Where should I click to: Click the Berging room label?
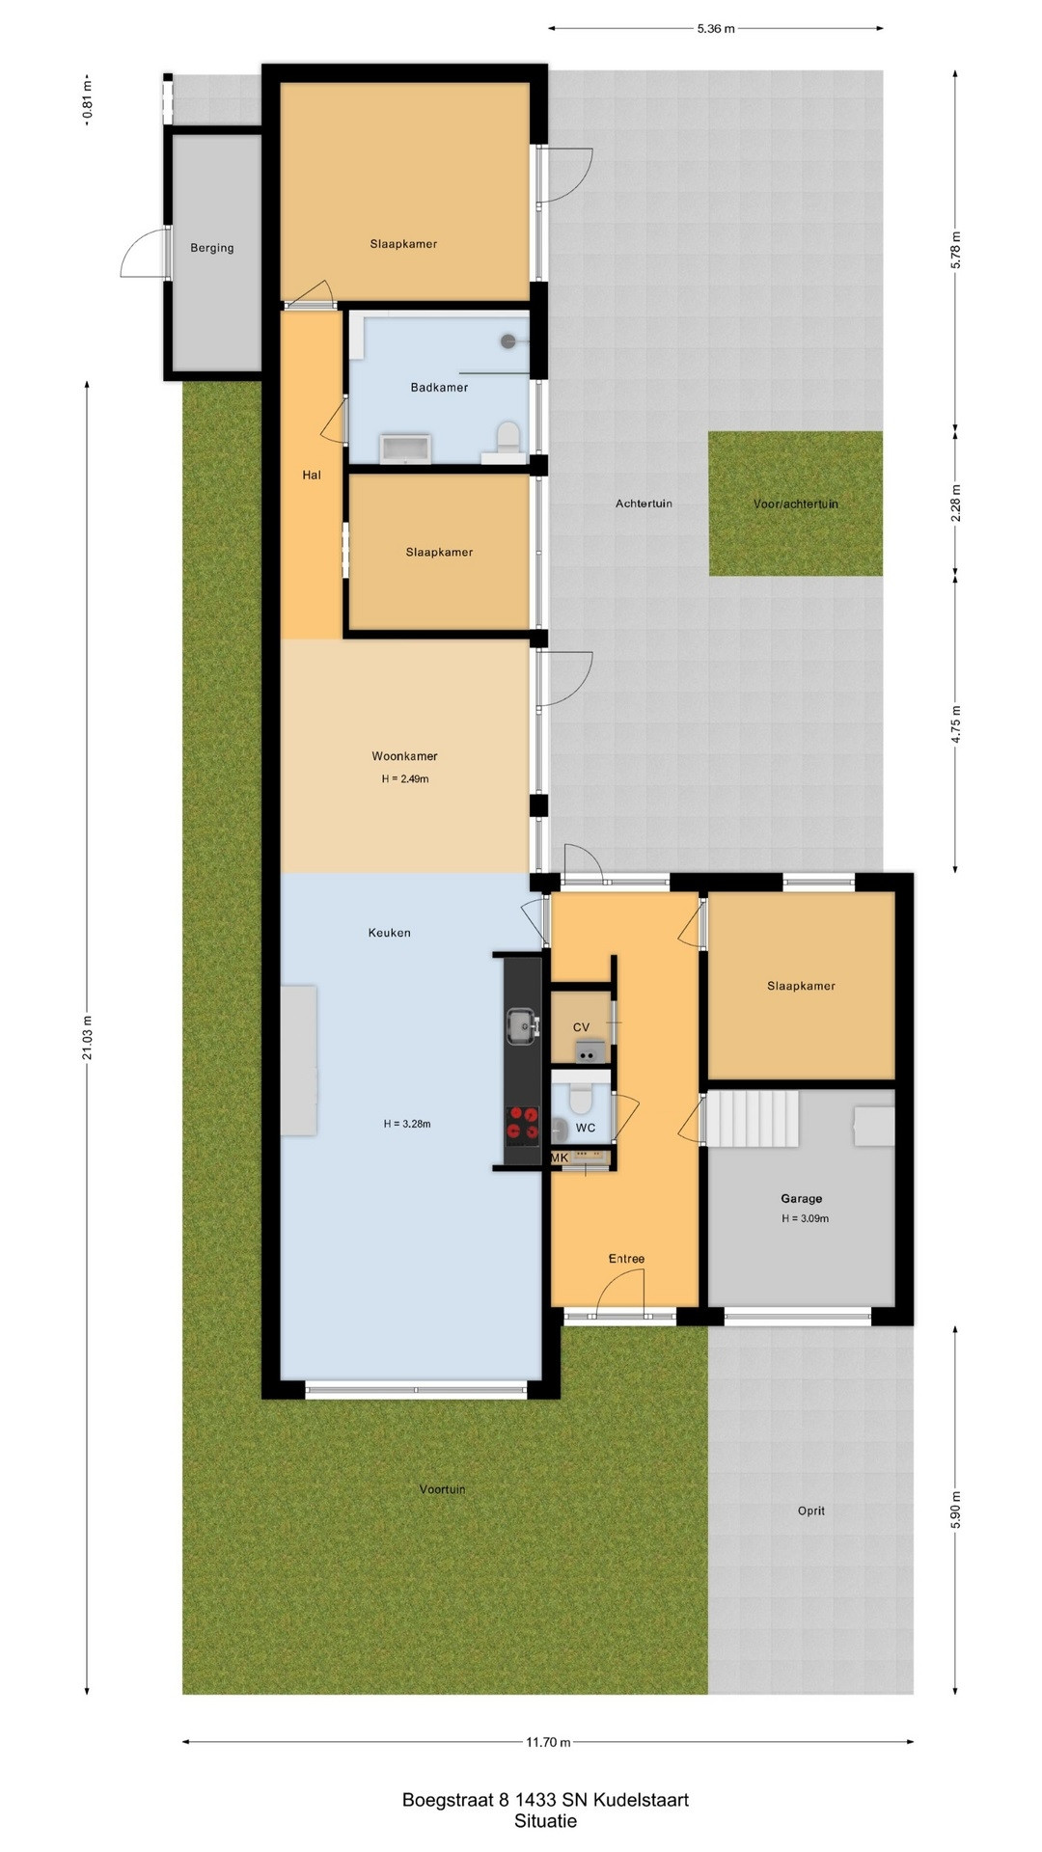coord(212,248)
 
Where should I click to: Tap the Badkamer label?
coord(439,388)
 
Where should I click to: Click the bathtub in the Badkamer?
coord(406,449)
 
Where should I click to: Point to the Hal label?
coord(312,475)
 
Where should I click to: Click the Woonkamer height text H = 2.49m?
coord(405,778)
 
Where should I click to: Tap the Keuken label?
coord(390,933)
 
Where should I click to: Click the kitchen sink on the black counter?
coord(522,1025)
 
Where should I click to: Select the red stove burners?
coord(523,1124)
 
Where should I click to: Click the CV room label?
coord(581,1027)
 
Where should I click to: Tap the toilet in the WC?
coord(580,1098)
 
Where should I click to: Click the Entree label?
coord(626,1259)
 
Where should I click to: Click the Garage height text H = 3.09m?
coord(806,1218)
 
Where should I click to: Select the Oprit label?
coord(811,1511)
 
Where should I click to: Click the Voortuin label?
coord(442,1489)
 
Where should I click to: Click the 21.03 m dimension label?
coord(87,1038)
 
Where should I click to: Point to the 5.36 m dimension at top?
coord(716,29)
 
